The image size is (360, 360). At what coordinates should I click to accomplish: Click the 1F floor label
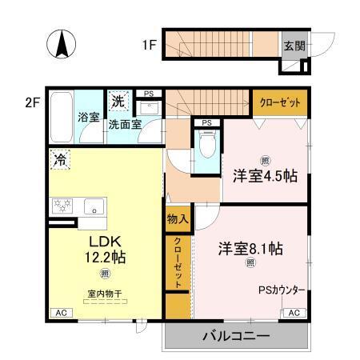(150, 45)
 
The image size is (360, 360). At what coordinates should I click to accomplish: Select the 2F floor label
(33, 102)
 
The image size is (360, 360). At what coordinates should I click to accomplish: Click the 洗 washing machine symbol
(118, 102)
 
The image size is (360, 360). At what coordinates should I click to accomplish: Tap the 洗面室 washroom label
(126, 125)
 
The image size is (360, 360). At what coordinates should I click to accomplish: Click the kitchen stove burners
(61, 207)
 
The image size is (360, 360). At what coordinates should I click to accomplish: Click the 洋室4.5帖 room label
(265, 176)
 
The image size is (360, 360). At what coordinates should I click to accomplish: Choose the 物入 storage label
(177, 219)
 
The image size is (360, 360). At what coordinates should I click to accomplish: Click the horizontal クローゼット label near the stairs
(279, 102)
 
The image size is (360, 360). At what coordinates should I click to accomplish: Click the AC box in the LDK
(60, 313)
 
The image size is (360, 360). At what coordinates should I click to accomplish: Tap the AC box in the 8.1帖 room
(294, 313)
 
